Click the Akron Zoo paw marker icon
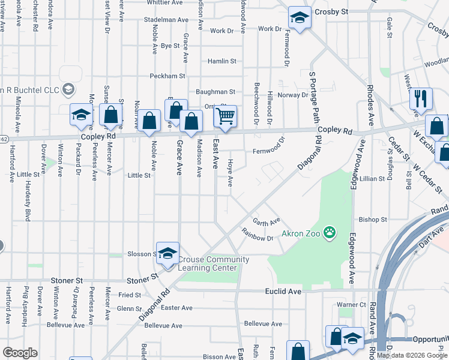tap(329, 232)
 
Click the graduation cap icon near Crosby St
tap(298, 17)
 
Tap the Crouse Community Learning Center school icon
tap(168, 252)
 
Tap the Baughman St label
tap(215, 92)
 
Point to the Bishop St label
tap(373, 220)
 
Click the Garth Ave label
tap(266, 221)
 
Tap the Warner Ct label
tap(351, 305)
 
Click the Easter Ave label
tap(177, 308)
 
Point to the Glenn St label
tap(130, 308)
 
